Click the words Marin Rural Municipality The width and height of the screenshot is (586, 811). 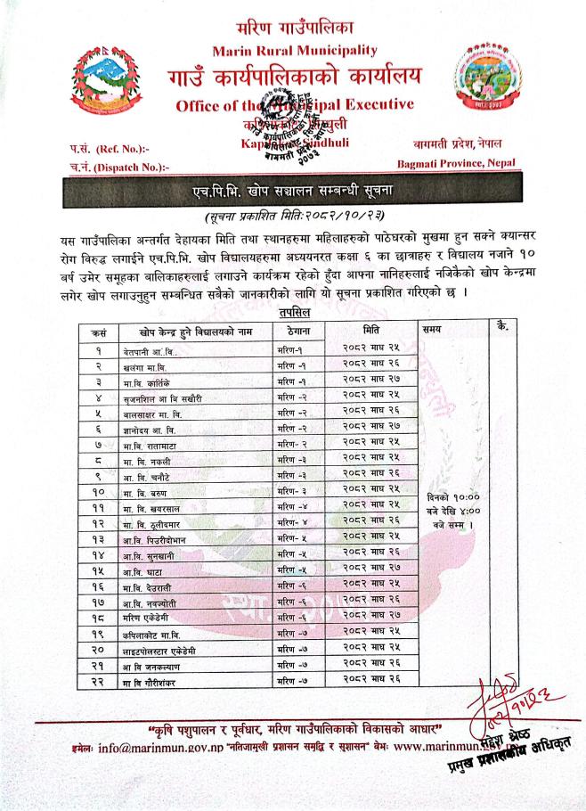[292, 48]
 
